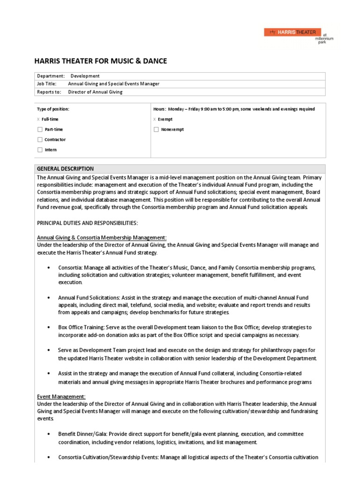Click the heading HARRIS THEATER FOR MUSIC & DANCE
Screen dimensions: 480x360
pyautogui.click(x=101, y=61)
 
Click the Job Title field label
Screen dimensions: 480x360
pyautogui.click(x=46, y=84)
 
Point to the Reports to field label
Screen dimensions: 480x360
pyautogui.click(x=48, y=92)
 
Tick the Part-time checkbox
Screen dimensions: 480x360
pyautogui.click(x=40, y=129)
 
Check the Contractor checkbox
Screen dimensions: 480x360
pyautogui.click(x=40, y=140)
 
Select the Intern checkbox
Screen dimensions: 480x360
pyautogui.click(x=40, y=150)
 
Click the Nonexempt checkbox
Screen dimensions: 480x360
pyautogui.click(x=156, y=129)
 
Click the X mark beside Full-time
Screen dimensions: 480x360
pyautogui.click(x=38, y=120)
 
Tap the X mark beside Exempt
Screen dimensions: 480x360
pyautogui.click(x=155, y=120)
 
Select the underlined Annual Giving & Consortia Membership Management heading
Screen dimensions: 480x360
pyautogui.click(x=101, y=237)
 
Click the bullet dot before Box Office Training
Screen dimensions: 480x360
pyautogui.click(x=49, y=327)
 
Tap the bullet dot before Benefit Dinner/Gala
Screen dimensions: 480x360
pyautogui.click(x=49, y=434)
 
